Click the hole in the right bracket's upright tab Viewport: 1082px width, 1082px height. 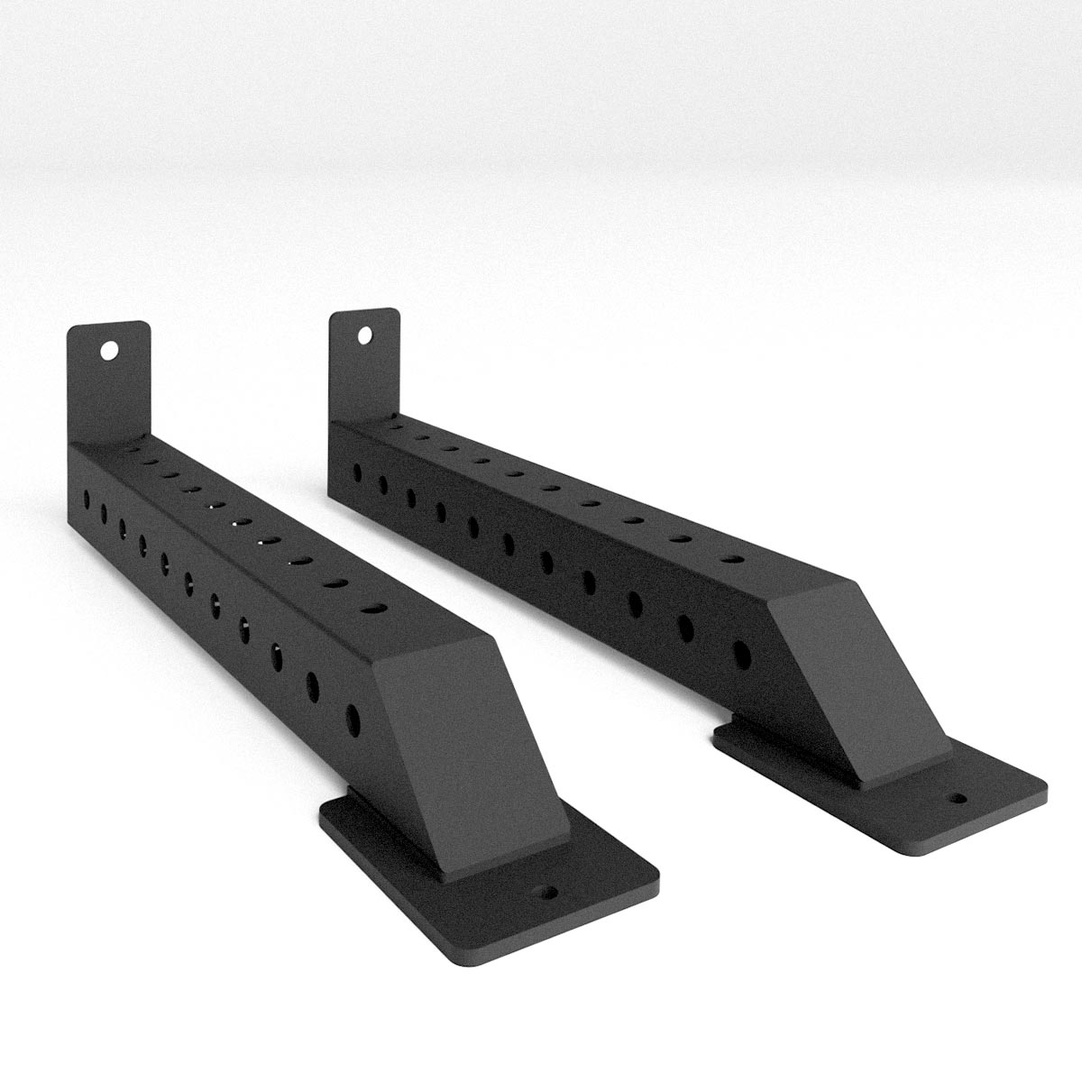[364, 335]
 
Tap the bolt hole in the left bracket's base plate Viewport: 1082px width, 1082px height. [546, 894]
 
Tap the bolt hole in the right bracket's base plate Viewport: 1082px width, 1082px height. [955, 798]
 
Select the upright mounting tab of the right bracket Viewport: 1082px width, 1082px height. [364, 361]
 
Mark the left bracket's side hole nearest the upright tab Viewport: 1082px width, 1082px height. [87, 497]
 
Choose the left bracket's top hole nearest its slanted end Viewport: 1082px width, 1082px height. [369, 610]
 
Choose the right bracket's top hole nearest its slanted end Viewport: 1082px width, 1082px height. [733, 559]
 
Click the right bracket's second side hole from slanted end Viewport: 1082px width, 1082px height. [685, 624]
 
